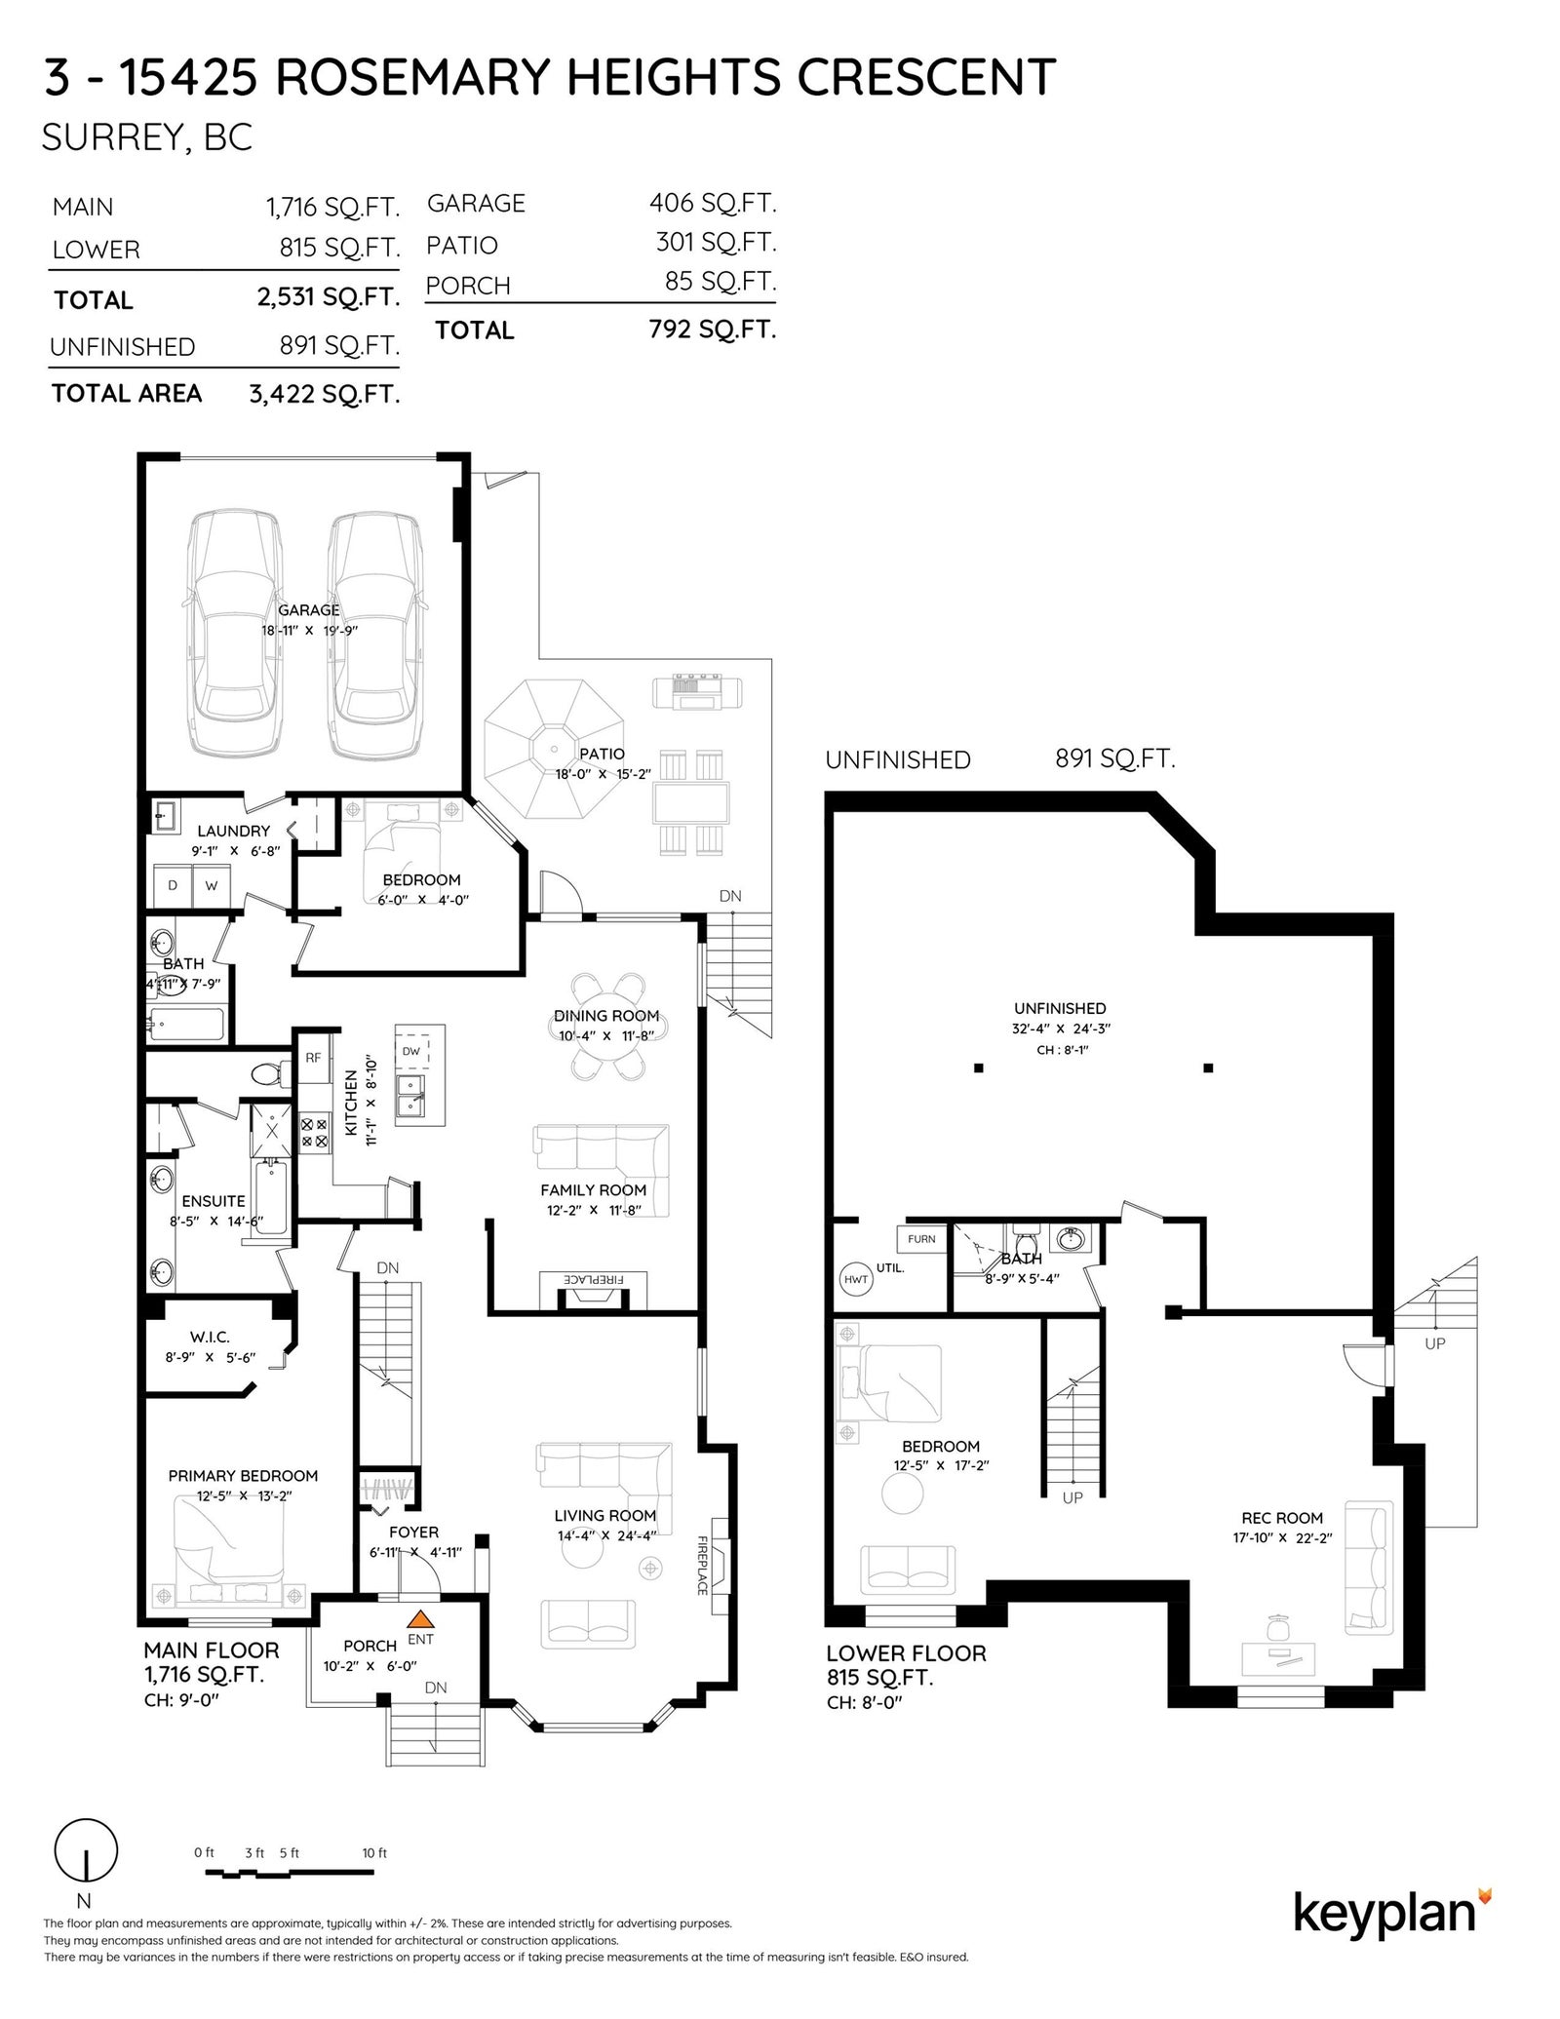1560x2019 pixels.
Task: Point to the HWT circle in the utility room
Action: (856, 1278)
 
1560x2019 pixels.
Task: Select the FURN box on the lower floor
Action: (921, 1239)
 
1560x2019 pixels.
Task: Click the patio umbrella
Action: (554, 750)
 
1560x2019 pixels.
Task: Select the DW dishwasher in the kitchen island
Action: (411, 1050)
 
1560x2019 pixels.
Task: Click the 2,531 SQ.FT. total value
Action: (329, 297)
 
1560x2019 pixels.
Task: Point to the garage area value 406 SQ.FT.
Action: (713, 203)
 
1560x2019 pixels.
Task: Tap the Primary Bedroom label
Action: (243, 1476)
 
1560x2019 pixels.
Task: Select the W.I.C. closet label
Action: (210, 1338)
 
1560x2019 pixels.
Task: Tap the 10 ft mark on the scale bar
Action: (374, 1853)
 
